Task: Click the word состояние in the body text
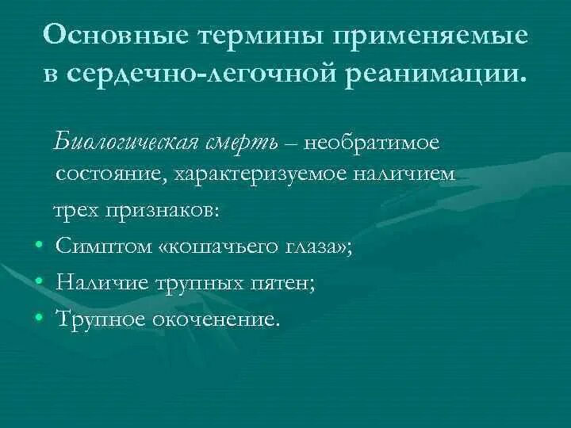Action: coord(107,174)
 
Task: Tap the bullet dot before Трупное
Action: coord(39,319)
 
